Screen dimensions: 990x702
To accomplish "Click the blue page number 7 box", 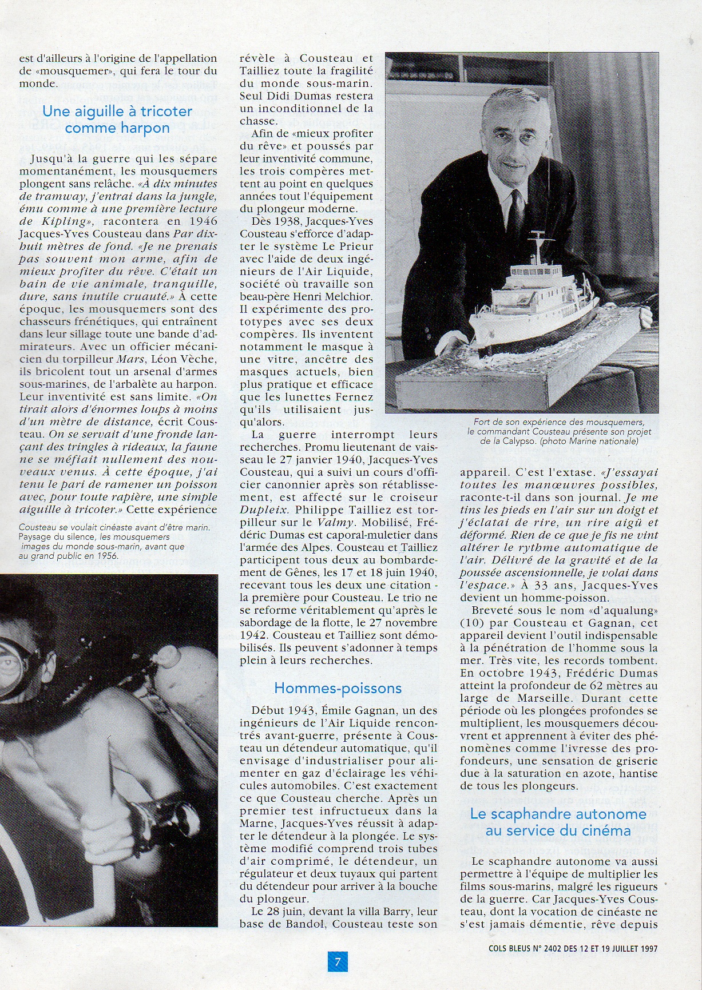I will click(338, 962).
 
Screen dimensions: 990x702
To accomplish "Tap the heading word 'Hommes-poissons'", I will click(338, 688).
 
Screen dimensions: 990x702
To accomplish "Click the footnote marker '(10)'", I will click(471, 623).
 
